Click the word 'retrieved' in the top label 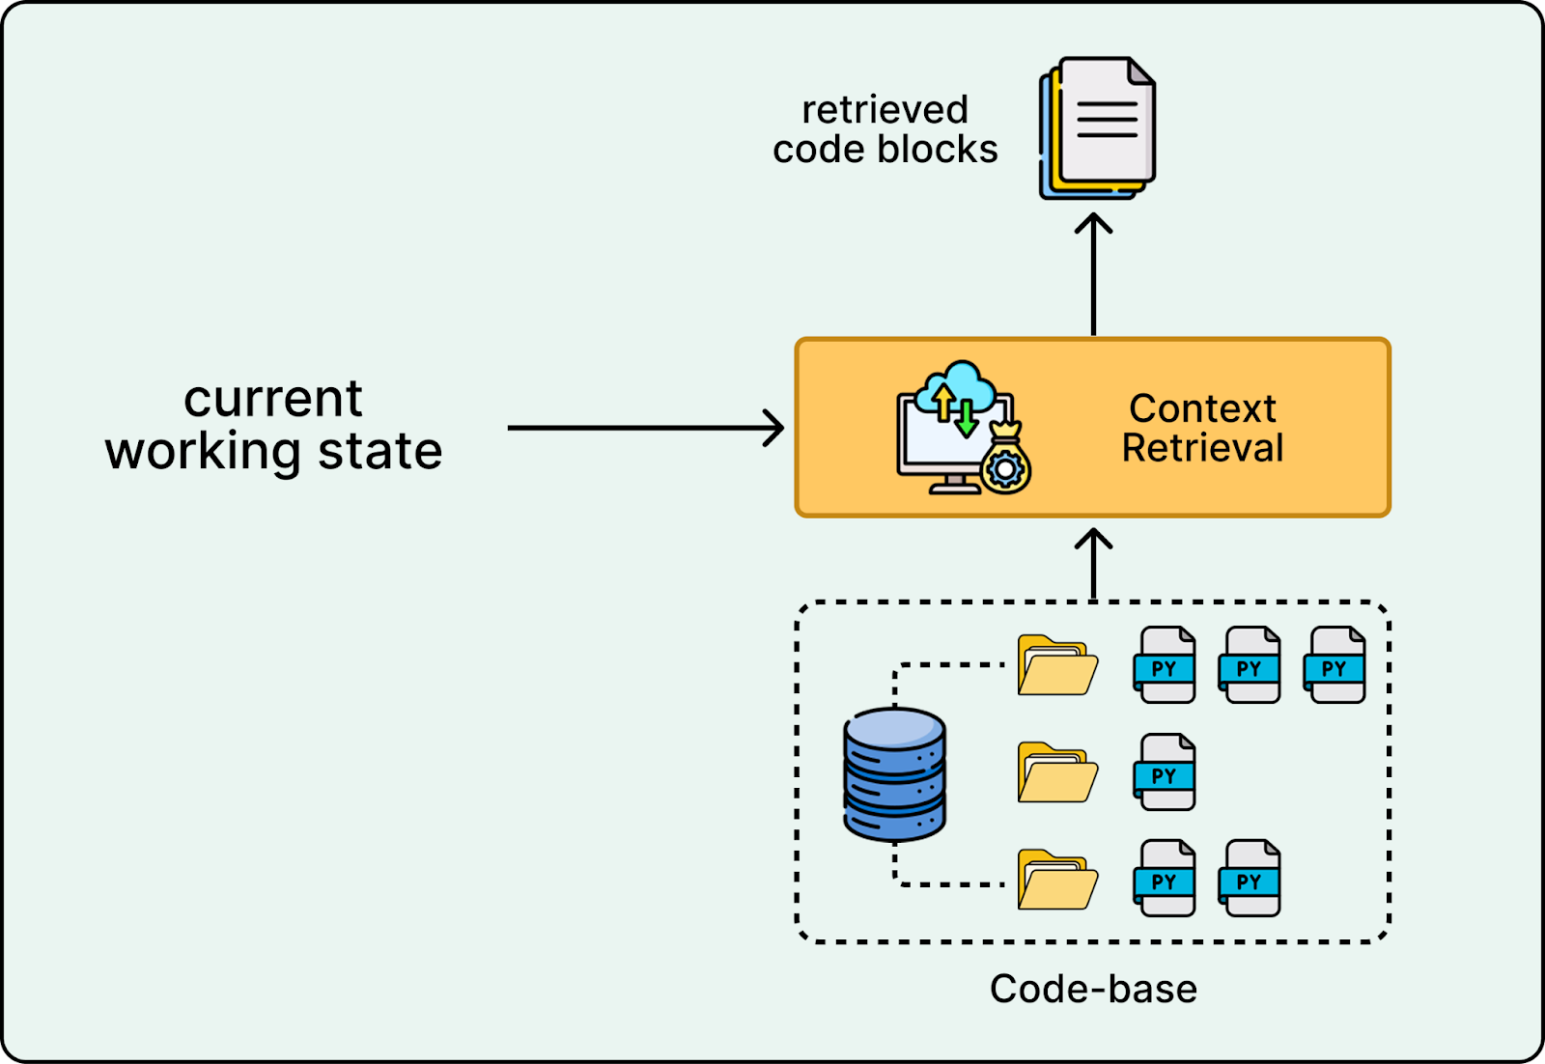pyautogui.click(x=885, y=110)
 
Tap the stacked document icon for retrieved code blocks pyautogui.click(x=1099, y=128)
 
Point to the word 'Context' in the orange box pyautogui.click(x=1202, y=408)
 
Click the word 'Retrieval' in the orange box pyautogui.click(x=1202, y=448)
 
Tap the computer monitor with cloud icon pyautogui.click(x=954, y=430)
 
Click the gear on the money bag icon pyautogui.click(x=1005, y=469)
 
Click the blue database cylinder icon pyautogui.click(x=894, y=774)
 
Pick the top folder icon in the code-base pyautogui.click(x=1057, y=665)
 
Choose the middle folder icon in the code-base pyautogui.click(x=1057, y=772)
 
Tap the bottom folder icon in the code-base pyautogui.click(x=1057, y=880)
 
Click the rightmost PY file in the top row pyautogui.click(x=1334, y=665)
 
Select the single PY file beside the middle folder pyautogui.click(x=1165, y=772)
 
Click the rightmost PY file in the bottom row pyautogui.click(x=1250, y=879)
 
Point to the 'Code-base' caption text pyautogui.click(x=1093, y=989)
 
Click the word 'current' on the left pyautogui.click(x=273, y=399)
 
